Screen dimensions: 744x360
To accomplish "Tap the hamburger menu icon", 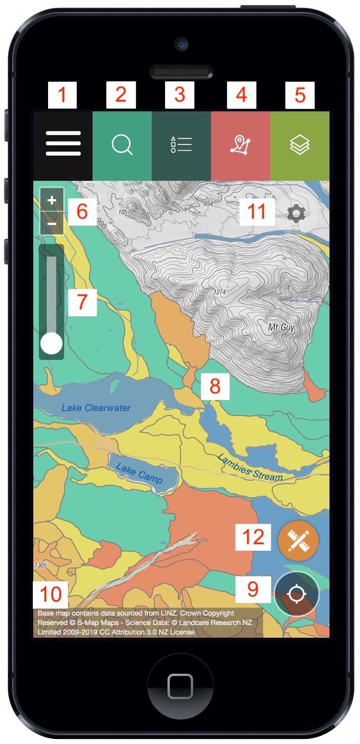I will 63,144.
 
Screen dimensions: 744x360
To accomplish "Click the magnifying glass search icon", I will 122,145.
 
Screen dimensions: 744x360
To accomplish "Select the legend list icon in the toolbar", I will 181,145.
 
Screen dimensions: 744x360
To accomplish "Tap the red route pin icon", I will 240,145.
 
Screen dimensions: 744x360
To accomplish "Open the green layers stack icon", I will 299,145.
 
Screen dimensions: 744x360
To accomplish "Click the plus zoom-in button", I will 52,201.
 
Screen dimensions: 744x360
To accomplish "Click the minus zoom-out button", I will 52,224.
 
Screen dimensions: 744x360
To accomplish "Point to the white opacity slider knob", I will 51,344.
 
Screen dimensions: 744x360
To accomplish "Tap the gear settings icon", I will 296,213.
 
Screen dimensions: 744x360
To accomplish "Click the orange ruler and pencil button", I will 298,541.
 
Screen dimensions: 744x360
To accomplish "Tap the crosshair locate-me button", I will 296,594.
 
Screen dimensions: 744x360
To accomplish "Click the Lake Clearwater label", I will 96,408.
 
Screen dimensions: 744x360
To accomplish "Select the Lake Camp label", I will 139,474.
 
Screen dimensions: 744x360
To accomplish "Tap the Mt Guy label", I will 281,327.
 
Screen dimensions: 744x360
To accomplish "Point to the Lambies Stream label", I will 250,468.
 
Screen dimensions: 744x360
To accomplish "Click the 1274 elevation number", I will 220,292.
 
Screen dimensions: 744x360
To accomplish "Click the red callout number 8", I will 215,386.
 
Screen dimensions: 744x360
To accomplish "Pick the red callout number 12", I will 253,537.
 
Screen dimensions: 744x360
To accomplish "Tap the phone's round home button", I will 180,686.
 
